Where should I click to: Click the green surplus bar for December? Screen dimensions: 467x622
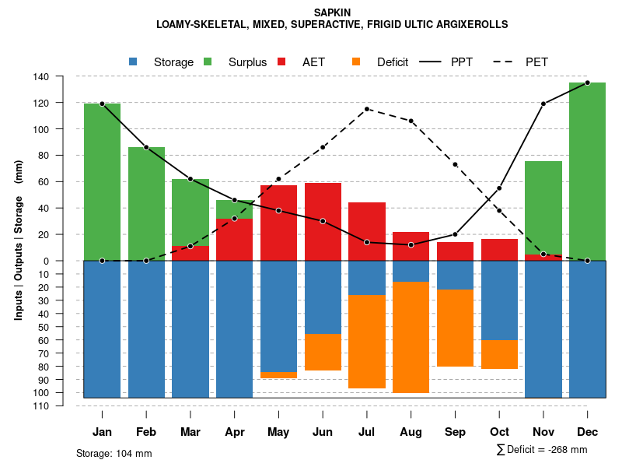587,171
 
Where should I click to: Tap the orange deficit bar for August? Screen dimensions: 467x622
411,337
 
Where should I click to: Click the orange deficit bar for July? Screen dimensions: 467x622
367,342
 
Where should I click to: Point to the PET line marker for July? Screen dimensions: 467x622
367,109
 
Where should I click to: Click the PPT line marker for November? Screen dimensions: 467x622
543,104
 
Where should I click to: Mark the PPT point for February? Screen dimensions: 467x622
146,147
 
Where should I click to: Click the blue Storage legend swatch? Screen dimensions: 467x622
134,61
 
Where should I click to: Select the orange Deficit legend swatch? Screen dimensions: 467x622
357,61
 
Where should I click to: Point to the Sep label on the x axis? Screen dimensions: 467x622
455,432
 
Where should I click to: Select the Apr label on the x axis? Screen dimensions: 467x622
235,432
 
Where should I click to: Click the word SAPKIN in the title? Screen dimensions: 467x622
332,12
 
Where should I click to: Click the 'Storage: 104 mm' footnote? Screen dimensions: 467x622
114,453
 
